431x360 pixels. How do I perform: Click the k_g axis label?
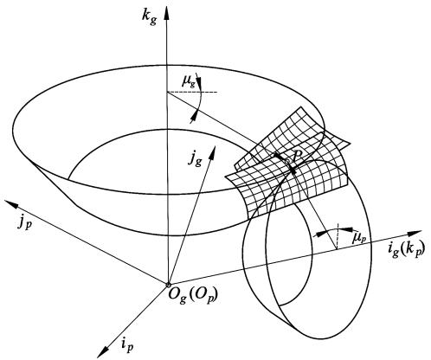pyautogui.click(x=150, y=16)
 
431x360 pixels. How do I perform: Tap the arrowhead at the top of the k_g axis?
pyautogui.click(x=166, y=12)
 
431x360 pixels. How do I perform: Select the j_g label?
pyautogui.click(x=195, y=157)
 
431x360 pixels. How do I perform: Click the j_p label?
pyautogui.click(x=23, y=222)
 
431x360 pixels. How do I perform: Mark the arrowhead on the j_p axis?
pyautogui.click(x=11, y=204)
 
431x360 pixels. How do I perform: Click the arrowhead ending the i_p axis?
pyautogui.click(x=104, y=351)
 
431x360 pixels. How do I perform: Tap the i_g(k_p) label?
pyautogui.click(x=406, y=248)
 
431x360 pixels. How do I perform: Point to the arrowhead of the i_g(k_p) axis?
pyautogui.click(x=415, y=233)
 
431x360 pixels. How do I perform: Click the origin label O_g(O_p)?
pyautogui.click(x=193, y=295)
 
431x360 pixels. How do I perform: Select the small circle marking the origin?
pyautogui.click(x=168, y=285)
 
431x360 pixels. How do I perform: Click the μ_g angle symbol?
pyautogui.click(x=189, y=80)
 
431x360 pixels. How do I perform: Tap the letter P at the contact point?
pyautogui.click(x=297, y=157)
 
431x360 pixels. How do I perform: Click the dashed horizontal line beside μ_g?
pyautogui.click(x=192, y=92)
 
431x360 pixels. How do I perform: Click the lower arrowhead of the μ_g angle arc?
pyautogui.click(x=194, y=115)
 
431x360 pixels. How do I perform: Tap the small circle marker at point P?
pyautogui.click(x=286, y=162)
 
